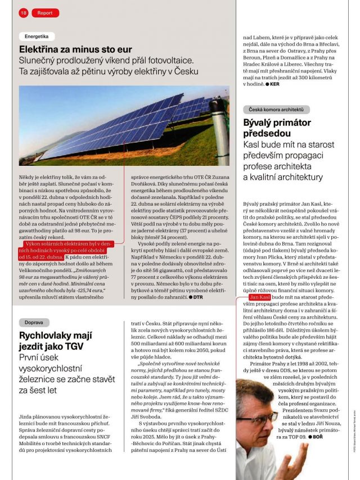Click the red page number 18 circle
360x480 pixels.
24,12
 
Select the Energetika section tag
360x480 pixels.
37,36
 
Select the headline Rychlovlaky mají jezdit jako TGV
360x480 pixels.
55,341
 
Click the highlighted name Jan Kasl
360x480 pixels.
260,296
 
